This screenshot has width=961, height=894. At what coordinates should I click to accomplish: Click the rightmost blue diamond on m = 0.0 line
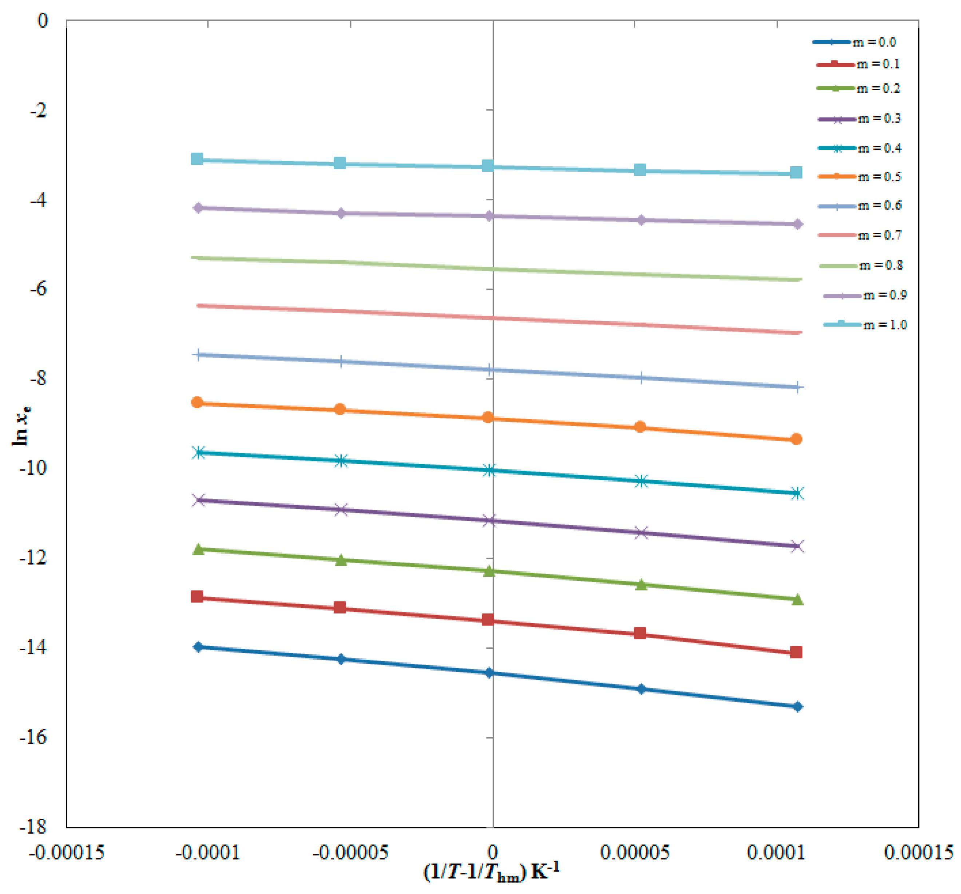(798, 707)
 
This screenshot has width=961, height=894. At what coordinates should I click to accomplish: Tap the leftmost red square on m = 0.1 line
(197, 597)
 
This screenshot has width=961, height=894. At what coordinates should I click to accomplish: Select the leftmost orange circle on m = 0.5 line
(197, 402)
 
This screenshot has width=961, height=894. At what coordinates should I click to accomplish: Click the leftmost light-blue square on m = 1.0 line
(197, 159)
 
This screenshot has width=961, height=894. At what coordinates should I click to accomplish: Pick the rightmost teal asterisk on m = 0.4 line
(798, 493)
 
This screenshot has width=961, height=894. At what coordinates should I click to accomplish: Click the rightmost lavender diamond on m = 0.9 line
(798, 224)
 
